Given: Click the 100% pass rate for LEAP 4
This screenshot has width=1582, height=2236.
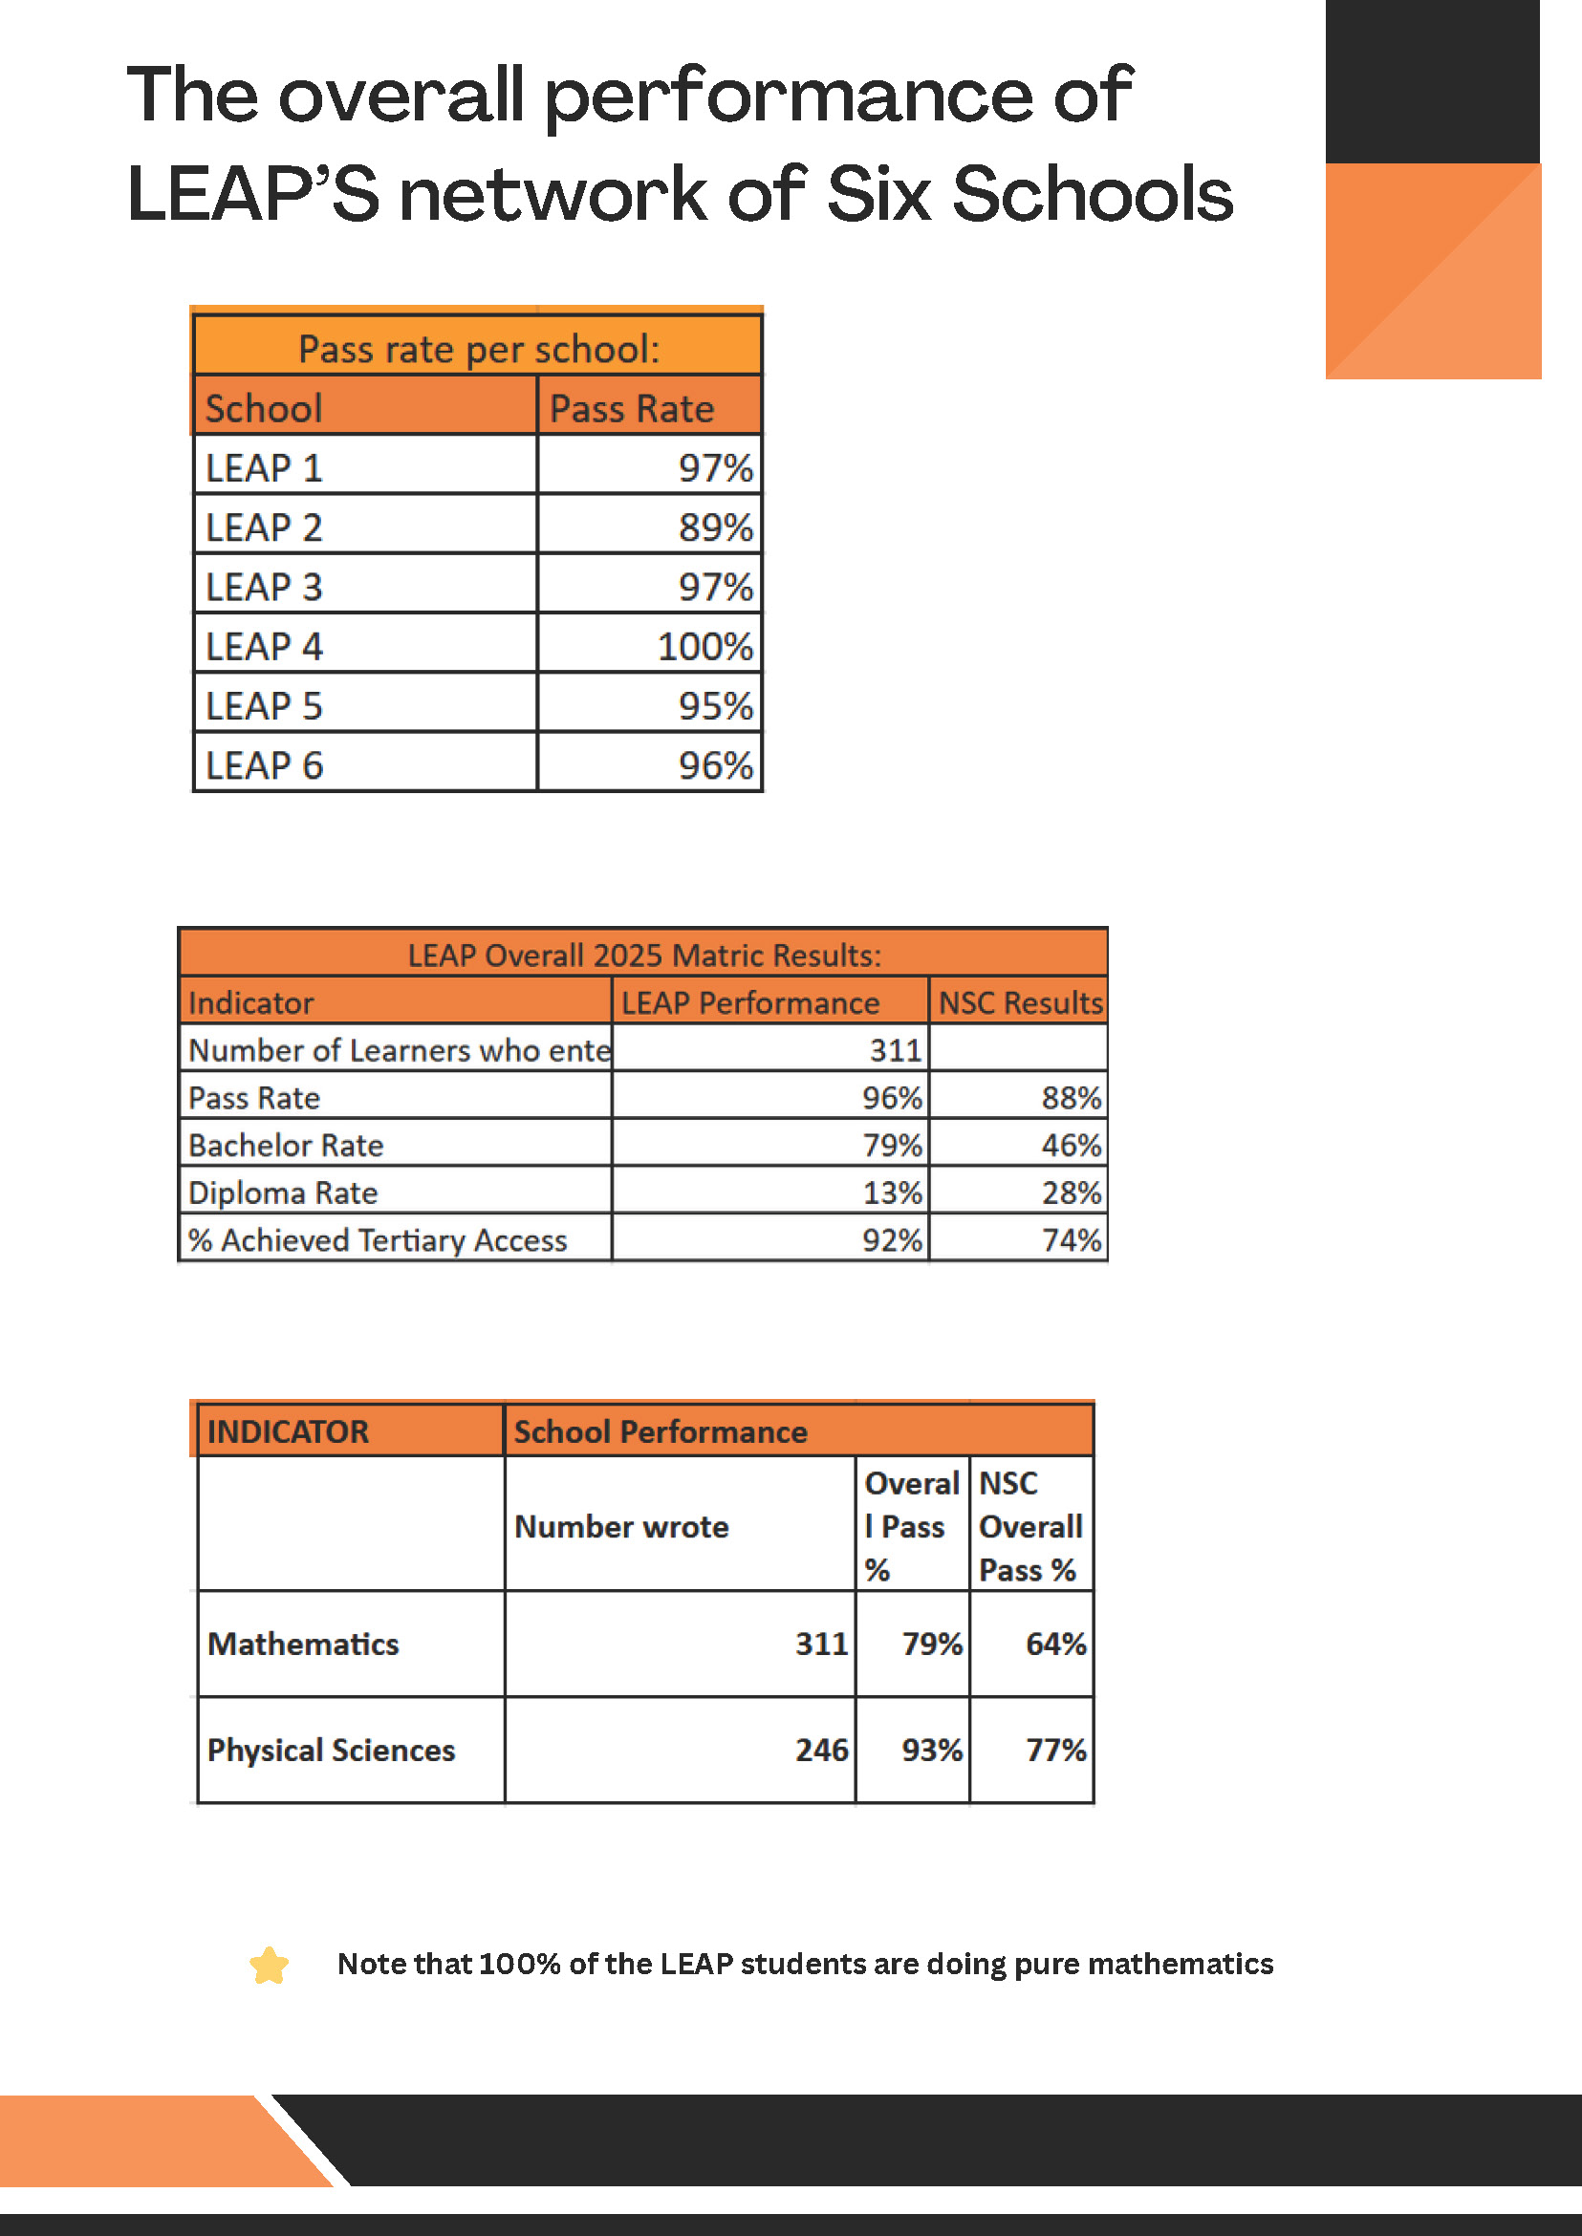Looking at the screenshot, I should click(x=704, y=647).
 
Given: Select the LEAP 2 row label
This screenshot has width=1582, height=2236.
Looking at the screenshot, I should click(x=263, y=527).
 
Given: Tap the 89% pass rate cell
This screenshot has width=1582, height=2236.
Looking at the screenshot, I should click(x=715, y=527).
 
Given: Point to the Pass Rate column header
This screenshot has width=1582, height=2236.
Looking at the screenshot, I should click(x=631, y=409).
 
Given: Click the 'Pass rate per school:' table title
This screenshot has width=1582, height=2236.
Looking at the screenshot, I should click(x=478, y=349).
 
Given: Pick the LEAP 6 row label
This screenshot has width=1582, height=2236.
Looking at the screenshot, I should click(x=263, y=765).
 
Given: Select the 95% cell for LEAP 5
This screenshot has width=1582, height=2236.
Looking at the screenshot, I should click(x=715, y=706).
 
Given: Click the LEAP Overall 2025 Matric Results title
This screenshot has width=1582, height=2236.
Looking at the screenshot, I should click(x=644, y=956).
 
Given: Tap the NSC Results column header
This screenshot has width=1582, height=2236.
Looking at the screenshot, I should click(x=1020, y=1002).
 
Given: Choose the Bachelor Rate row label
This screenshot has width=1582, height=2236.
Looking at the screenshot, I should click(x=286, y=1146).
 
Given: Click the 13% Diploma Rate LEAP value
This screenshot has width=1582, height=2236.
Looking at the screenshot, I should click(x=891, y=1193).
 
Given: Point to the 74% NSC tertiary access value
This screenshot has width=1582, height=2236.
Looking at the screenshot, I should click(x=1071, y=1239).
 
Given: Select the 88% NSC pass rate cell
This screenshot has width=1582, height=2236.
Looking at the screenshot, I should click(x=1071, y=1098).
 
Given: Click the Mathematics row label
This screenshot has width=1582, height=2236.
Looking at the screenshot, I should click(x=303, y=1644).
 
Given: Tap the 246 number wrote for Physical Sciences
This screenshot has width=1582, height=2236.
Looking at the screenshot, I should click(x=821, y=1750).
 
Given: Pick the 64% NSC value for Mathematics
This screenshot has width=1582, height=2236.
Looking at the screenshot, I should click(x=1056, y=1644).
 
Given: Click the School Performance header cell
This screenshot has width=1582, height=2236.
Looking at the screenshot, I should click(x=661, y=1431).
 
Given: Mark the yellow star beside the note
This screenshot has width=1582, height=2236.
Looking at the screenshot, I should click(x=269, y=1966).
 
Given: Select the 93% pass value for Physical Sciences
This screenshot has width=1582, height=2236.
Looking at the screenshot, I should click(x=931, y=1750).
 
